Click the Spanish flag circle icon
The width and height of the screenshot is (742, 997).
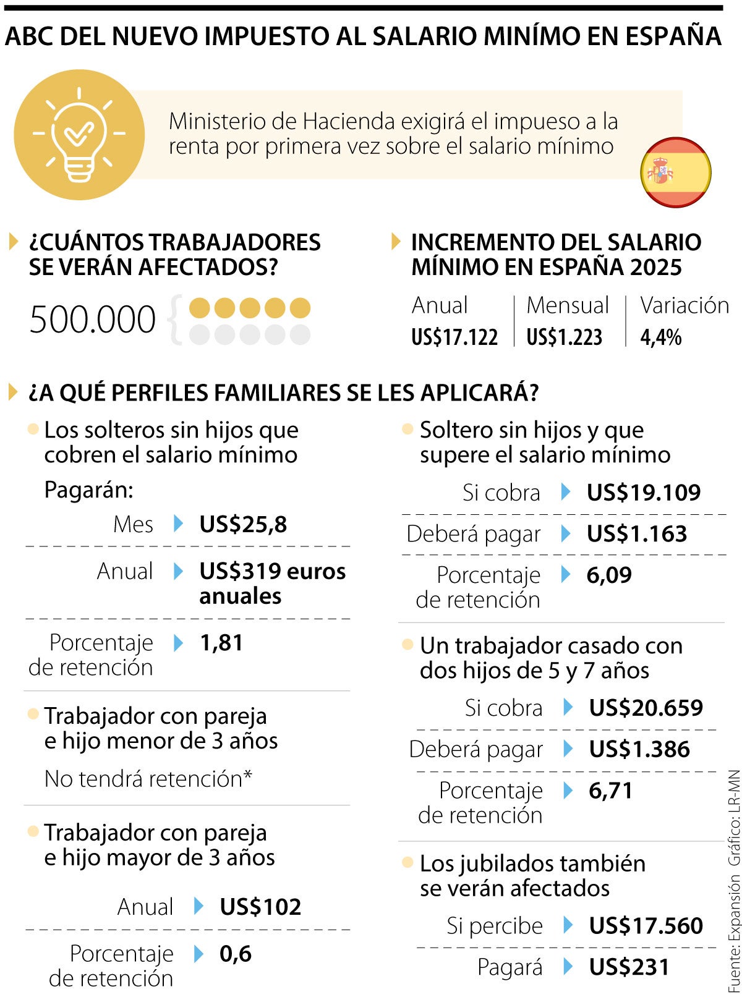tap(676, 172)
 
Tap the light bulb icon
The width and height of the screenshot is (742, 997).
tap(79, 135)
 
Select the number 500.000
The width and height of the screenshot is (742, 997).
tap(93, 320)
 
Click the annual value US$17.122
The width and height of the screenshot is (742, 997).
tap(454, 337)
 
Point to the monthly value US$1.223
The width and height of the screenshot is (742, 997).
tap(564, 337)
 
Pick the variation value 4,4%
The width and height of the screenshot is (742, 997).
tap(661, 337)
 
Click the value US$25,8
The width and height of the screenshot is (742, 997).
tap(243, 525)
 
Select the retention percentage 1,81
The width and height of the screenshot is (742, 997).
tap(221, 643)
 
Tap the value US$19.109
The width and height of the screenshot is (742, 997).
tap(644, 493)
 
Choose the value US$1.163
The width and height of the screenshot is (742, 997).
tap(637, 534)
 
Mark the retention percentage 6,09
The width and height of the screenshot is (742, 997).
tap(609, 575)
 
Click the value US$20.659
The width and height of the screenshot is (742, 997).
tap(646, 708)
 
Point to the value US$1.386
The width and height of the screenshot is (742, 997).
tap(639, 749)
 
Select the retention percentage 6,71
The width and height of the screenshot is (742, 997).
tap(611, 791)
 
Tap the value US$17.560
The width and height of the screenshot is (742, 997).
tap(646, 926)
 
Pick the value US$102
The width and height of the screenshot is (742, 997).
tap(260, 907)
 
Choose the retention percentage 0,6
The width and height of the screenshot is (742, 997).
tap(236, 953)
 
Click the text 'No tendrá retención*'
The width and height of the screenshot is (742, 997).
tap(148, 779)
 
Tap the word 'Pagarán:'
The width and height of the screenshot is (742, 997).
tap(89, 490)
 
